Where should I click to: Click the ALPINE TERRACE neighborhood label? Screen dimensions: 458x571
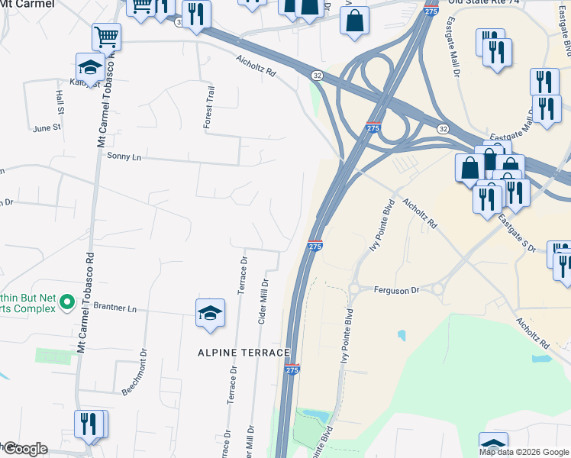click(x=244, y=353)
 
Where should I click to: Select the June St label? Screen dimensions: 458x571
click(x=46, y=127)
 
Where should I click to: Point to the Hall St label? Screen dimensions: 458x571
click(x=59, y=98)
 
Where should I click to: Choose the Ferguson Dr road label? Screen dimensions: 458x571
click(x=397, y=290)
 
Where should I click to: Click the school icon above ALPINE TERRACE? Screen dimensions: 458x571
click(x=210, y=313)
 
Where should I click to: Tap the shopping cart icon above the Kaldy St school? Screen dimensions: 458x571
click(x=106, y=35)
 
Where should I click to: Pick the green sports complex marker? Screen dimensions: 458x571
click(x=66, y=303)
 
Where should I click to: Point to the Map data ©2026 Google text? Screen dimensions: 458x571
click(x=524, y=452)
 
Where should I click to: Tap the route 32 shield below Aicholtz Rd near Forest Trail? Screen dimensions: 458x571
click(x=317, y=75)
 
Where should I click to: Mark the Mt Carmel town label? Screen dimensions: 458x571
click(x=27, y=4)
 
